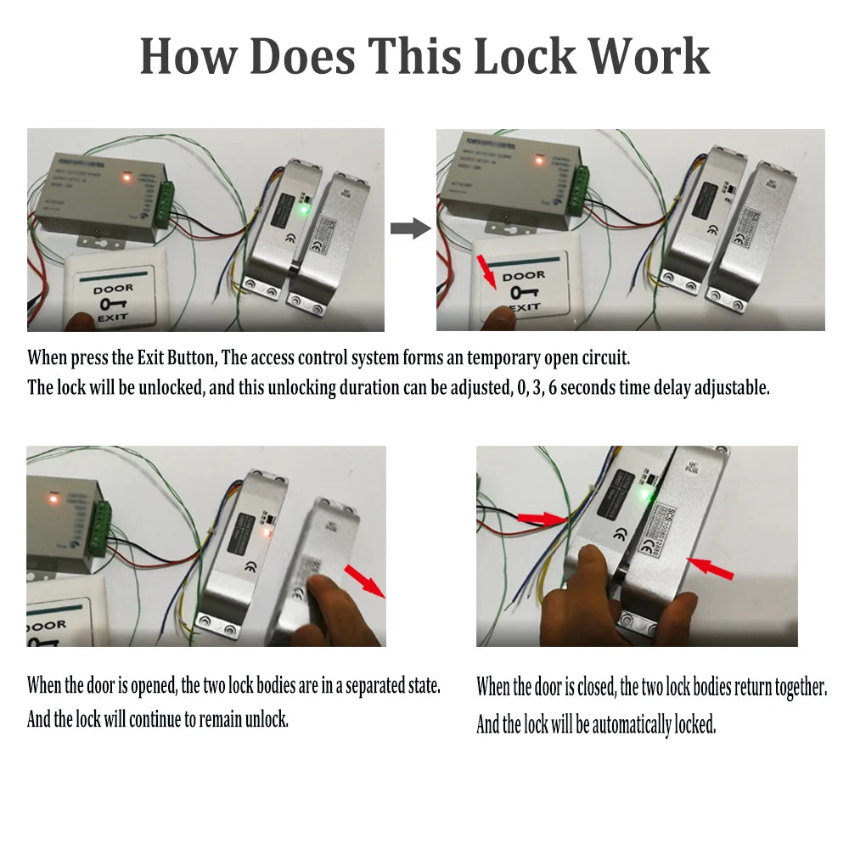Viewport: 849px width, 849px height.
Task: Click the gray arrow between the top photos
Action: (410, 228)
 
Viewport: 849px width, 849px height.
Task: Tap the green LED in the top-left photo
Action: (302, 208)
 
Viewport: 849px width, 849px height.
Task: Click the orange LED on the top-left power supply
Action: (127, 178)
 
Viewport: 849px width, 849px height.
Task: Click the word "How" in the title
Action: (187, 58)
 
